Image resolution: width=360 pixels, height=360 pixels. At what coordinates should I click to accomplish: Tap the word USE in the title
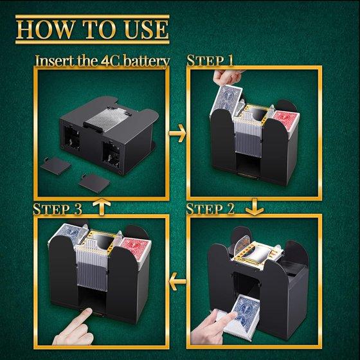(145, 30)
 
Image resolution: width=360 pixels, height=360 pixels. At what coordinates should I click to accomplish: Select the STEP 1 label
(210, 60)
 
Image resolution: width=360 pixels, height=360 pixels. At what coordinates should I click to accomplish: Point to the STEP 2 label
(210, 209)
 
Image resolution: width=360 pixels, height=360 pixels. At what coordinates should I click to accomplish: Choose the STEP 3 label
(57, 209)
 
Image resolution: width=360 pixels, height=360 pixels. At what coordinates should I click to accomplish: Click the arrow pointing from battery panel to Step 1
(177, 133)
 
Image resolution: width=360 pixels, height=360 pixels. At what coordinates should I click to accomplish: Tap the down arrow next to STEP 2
(255, 207)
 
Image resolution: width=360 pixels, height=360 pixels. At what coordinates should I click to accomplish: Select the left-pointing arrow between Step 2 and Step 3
(177, 282)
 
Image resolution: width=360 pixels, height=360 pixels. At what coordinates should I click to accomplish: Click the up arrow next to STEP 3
(102, 207)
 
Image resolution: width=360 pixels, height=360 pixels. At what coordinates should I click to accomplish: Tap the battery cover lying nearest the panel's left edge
(56, 166)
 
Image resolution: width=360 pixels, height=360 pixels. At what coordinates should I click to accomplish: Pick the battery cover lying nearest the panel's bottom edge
(94, 183)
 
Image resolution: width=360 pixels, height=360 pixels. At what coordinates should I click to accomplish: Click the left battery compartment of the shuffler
(72, 138)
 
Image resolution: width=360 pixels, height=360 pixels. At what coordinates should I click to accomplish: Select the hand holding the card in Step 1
(228, 78)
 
